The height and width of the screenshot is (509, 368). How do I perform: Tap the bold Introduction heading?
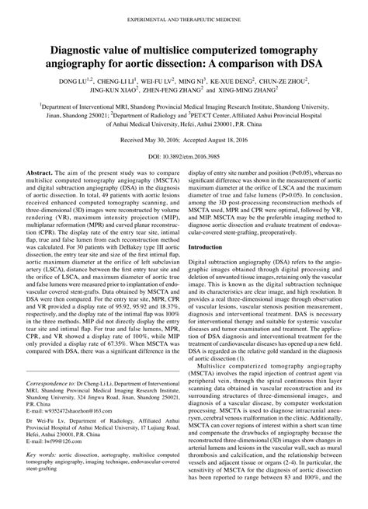click(210, 246)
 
